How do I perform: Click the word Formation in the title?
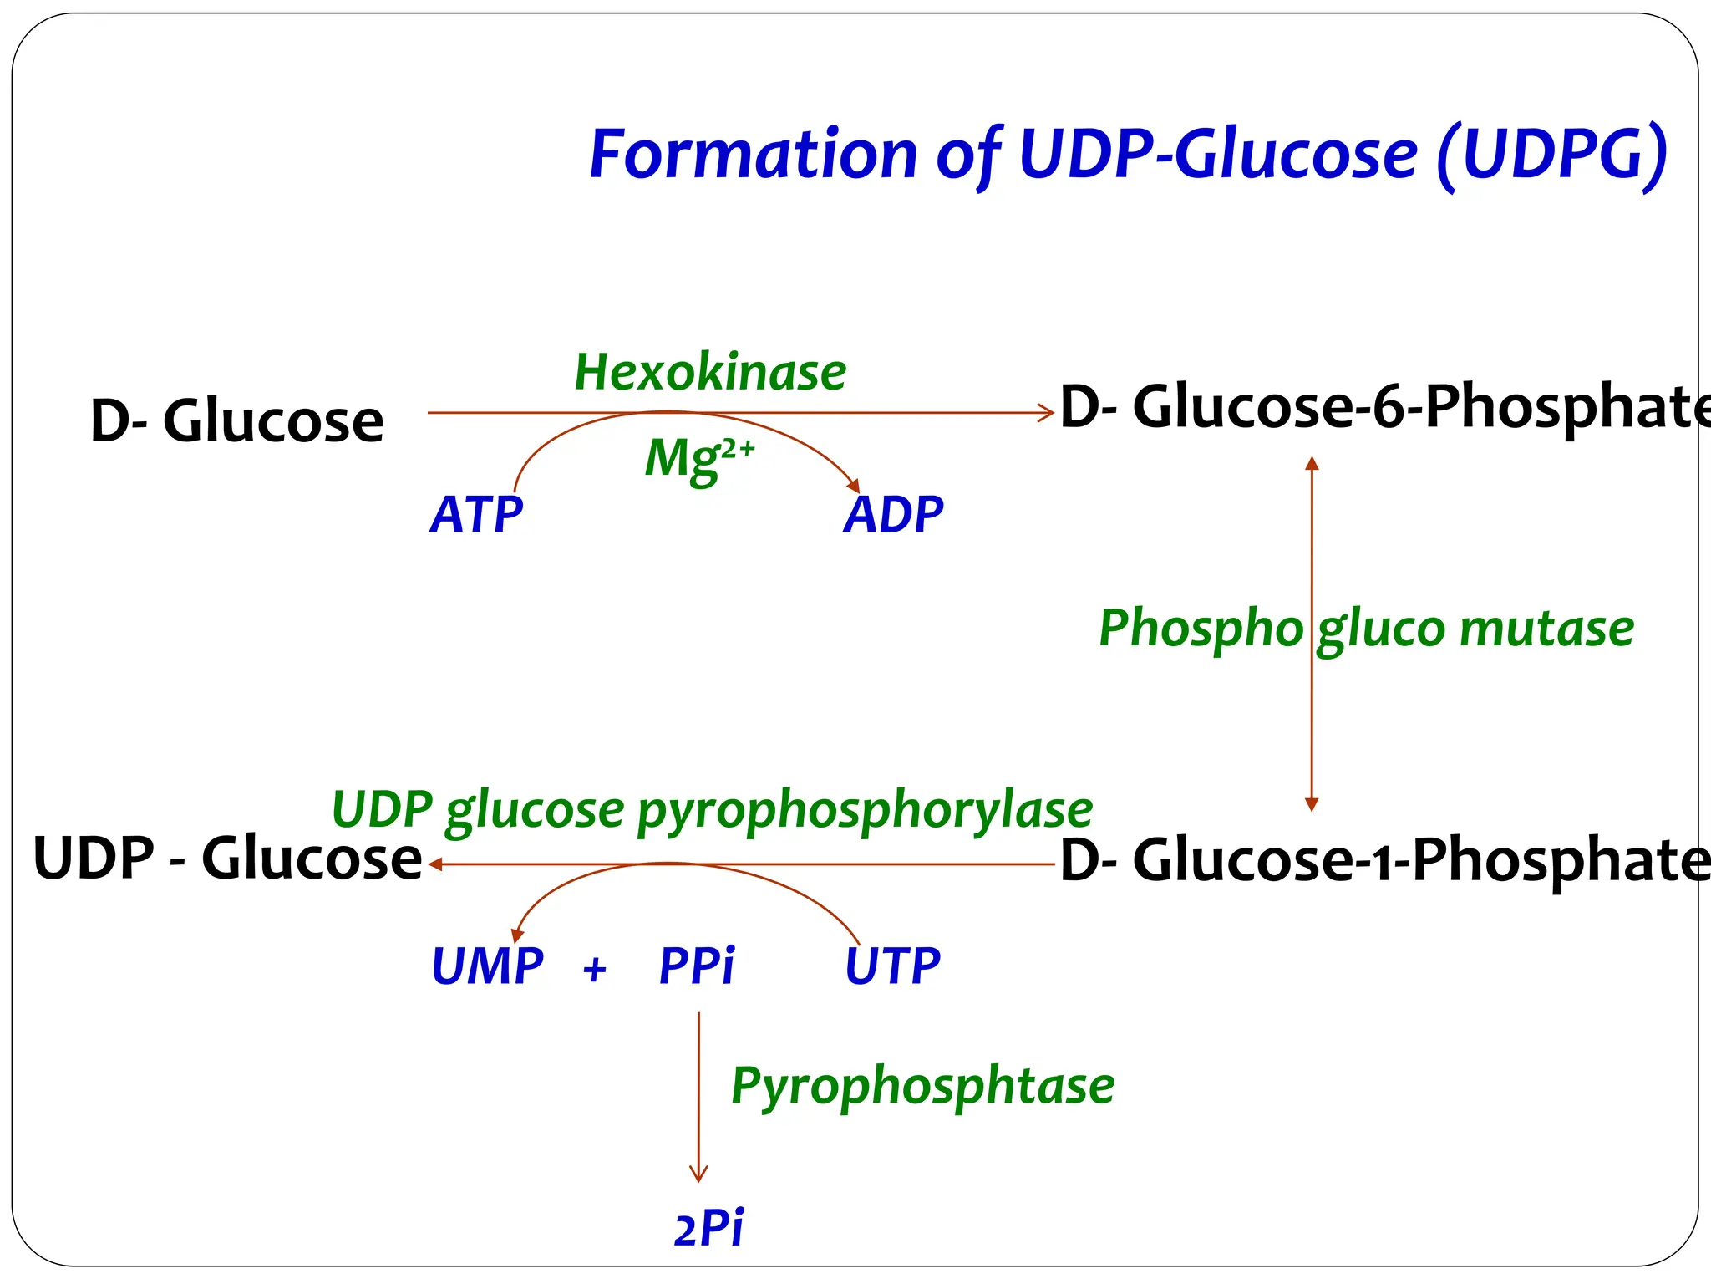[754, 155]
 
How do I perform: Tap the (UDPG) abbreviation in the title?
[1552, 155]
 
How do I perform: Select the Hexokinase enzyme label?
[710, 372]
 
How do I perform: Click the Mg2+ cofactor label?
[698, 459]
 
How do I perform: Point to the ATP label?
[476, 514]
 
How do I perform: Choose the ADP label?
[893, 514]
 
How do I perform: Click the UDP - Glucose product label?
[227, 859]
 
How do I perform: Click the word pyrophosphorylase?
[865, 811]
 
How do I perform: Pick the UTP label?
[892, 966]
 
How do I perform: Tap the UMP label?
[487, 966]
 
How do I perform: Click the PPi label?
[697, 966]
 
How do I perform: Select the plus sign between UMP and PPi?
[594, 970]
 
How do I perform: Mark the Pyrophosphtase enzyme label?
[922, 1087]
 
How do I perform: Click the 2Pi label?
[708, 1229]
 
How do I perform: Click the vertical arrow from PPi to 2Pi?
[698, 1095]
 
